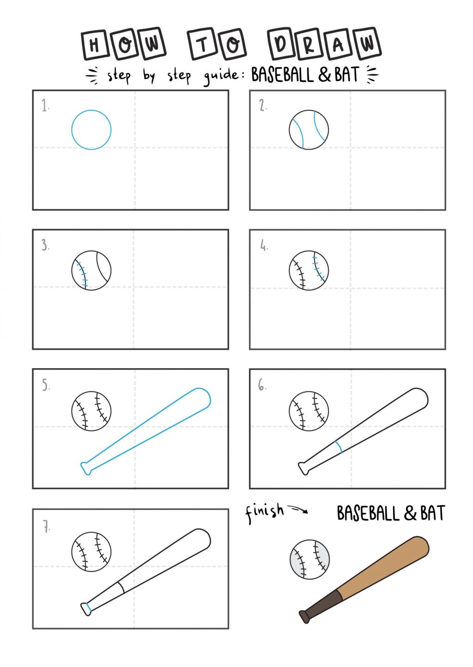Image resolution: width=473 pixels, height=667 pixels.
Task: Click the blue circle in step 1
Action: tap(72, 130)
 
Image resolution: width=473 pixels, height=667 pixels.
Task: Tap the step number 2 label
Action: tap(262, 106)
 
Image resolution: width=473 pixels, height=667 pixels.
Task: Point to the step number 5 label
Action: tap(46, 385)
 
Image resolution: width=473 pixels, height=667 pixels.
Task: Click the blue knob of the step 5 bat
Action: tap(86, 468)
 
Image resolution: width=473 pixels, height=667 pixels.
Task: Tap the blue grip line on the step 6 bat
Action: tap(338, 447)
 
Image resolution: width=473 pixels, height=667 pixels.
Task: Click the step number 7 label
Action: tap(46, 527)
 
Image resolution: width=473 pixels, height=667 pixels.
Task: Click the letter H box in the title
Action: tap(94, 45)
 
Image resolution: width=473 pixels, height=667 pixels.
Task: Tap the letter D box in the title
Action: tap(281, 44)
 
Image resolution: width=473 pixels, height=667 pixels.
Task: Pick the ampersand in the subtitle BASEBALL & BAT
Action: tap(324, 74)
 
